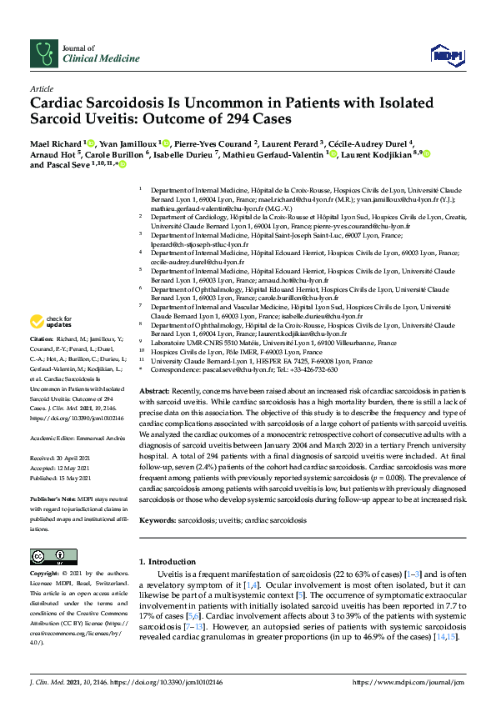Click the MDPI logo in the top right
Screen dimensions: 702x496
446,55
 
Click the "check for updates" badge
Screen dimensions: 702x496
49,322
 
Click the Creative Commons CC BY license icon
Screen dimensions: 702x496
50,556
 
